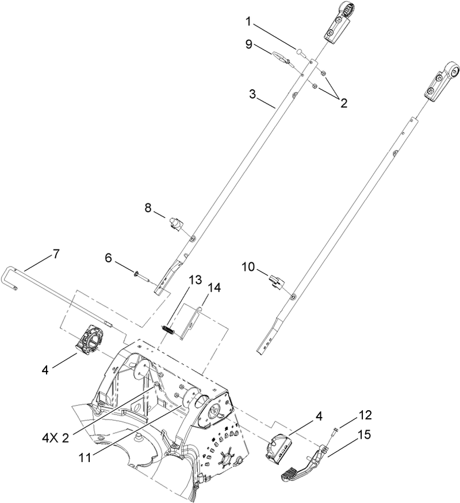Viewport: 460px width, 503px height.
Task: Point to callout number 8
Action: coord(148,209)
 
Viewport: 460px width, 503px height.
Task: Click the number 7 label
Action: coord(56,253)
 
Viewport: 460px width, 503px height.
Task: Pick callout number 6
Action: coord(108,259)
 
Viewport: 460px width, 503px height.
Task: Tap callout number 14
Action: coord(214,286)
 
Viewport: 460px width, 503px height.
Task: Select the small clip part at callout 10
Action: coord(276,282)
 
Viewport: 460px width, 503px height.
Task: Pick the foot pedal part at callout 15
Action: coord(299,469)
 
